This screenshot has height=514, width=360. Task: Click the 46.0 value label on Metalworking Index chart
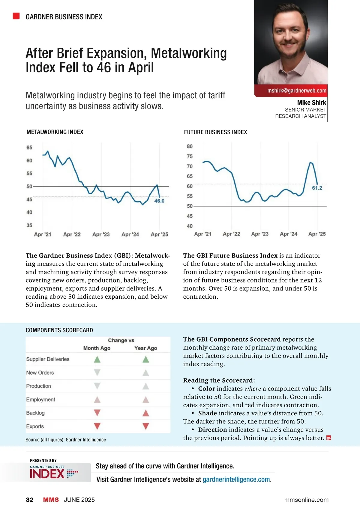(x=159, y=201)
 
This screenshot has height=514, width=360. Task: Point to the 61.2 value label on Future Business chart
(x=317, y=188)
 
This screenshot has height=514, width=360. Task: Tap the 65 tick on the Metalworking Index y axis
(x=29, y=148)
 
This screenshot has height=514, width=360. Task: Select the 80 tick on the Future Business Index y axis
(x=190, y=146)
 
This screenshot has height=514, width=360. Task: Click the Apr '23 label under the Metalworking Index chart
(x=101, y=235)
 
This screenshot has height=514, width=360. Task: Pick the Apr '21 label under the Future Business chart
(x=203, y=234)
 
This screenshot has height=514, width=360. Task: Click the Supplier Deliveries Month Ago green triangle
(x=97, y=359)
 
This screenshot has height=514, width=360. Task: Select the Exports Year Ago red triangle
(x=146, y=426)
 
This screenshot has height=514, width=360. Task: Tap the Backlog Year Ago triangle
(x=146, y=413)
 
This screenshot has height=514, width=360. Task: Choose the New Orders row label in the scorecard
(x=40, y=373)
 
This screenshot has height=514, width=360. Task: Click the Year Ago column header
(x=146, y=348)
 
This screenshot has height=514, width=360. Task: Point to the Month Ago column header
(x=97, y=348)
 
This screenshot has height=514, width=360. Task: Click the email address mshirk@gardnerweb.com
(x=297, y=91)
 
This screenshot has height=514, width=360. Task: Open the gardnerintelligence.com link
(x=236, y=480)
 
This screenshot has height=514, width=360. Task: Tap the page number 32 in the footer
(x=30, y=500)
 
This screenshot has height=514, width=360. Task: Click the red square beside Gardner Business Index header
(x=16, y=16)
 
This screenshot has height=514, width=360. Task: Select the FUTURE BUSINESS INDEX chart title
(x=215, y=132)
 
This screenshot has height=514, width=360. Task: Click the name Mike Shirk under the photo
(x=311, y=103)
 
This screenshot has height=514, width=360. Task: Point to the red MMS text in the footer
(x=51, y=500)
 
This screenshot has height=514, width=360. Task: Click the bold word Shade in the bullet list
(x=208, y=413)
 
